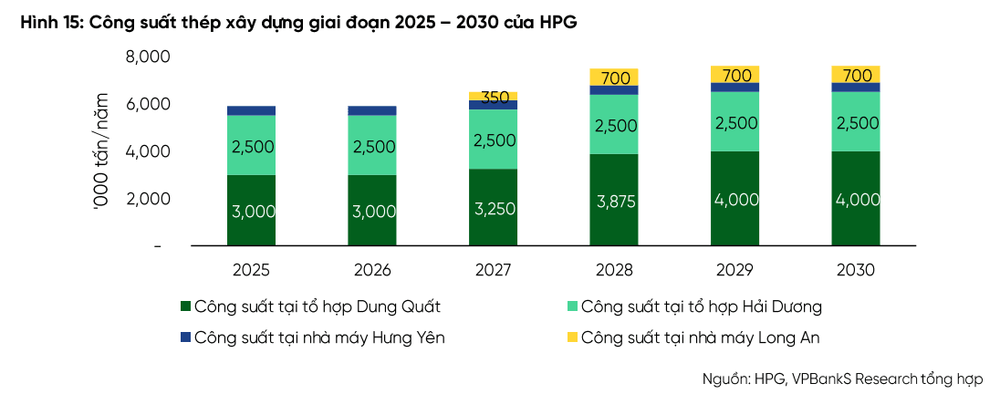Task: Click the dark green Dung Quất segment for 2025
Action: pos(251,211)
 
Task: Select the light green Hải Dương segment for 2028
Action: pos(614,124)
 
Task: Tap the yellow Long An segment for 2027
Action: pos(493,96)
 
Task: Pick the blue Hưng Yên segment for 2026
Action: pos(372,110)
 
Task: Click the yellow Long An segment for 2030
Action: pos(856,74)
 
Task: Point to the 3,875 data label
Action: pos(614,201)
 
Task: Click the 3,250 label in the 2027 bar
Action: pos(493,208)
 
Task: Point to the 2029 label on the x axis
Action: pos(734,270)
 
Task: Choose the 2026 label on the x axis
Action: pos(372,270)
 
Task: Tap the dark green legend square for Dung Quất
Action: pos(185,306)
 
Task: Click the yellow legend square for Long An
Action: pos(571,337)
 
